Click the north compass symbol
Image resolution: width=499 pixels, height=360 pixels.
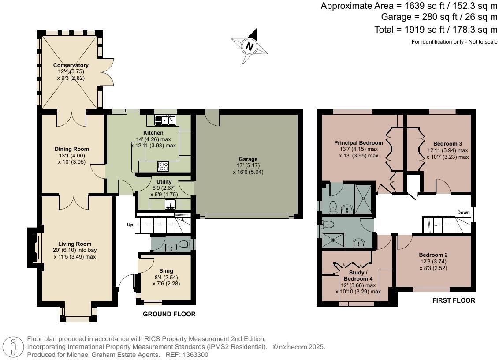250,46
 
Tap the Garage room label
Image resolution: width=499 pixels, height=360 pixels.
248,159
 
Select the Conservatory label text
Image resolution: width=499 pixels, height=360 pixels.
71,65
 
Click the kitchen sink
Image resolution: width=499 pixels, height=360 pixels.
165,120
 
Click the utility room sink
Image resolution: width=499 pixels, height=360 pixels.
170,204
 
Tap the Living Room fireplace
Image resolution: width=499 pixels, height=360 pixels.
34,248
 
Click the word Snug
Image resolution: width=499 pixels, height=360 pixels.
166,271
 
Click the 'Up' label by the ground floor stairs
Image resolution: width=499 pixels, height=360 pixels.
130,225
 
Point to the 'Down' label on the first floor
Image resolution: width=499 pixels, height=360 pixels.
463,212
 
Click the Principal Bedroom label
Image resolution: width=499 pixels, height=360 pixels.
358,143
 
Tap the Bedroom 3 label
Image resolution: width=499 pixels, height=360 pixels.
447,143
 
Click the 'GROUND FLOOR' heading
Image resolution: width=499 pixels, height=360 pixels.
169,314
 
